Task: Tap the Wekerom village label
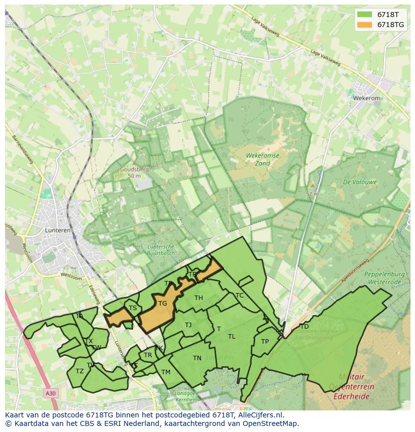pyautogui.click(x=367, y=98)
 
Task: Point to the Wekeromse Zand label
pyautogui.click(x=263, y=160)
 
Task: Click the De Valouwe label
pyautogui.click(x=359, y=182)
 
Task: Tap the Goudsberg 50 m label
pyautogui.click(x=134, y=173)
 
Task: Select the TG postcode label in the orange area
pyautogui.click(x=162, y=304)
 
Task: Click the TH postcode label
pyautogui.click(x=198, y=298)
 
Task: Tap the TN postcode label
pyautogui.click(x=197, y=358)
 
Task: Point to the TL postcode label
pyautogui.click(x=232, y=337)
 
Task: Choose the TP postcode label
pyautogui.click(x=265, y=342)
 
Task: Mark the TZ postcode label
pyautogui.click(x=80, y=371)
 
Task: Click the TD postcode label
pyautogui.click(x=304, y=327)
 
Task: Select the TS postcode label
pyautogui.click(x=133, y=308)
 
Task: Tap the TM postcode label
pyautogui.click(x=166, y=372)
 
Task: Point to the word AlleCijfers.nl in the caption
pyautogui.click(x=261, y=415)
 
